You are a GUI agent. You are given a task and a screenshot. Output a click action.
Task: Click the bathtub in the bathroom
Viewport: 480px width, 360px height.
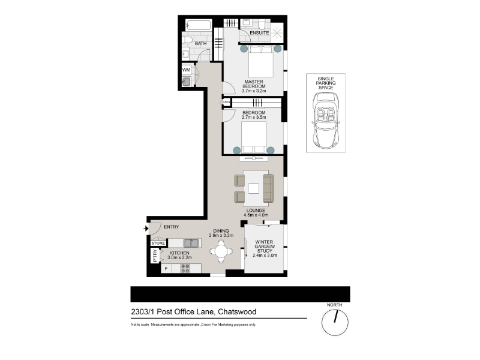click(x=199, y=25)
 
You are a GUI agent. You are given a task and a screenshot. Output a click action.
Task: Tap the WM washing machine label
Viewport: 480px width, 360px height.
click(x=186, y=70)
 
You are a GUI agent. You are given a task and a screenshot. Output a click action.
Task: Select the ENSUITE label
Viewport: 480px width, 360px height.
click(x=259, y=33)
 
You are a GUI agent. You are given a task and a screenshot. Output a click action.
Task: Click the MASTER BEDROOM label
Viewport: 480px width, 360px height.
click(x=254, y=84)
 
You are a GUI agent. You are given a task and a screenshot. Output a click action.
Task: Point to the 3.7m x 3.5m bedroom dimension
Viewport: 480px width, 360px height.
click(x=254, y=117)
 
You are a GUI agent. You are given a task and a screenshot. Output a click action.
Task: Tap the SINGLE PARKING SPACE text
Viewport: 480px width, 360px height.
click(x=326, y=83)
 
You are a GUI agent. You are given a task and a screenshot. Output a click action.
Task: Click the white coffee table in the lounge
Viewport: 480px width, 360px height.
click(x=253, y=188)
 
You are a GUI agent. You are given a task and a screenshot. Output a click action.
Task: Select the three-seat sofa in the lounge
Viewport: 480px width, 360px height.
click(x=268, y=188)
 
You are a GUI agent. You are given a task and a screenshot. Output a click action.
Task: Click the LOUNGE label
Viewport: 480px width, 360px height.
click(x=256, y=211)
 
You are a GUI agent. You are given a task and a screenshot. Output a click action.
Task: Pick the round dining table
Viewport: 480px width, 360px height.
click(x=221, y=251)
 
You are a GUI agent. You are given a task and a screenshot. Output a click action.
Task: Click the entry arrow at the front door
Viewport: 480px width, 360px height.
click(x=146, y=229)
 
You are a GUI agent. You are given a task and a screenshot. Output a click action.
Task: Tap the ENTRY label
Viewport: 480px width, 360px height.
click(x=172, y=227)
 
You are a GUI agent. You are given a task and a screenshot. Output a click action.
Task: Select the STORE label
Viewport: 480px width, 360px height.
click(x=158, y=243)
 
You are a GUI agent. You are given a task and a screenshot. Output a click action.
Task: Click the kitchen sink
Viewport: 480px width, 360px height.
click(x=191, y=243)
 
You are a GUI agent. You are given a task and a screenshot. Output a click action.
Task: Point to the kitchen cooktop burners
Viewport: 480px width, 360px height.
click(x=185, y=268)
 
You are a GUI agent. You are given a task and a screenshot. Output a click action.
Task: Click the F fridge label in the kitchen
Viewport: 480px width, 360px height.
click(x=166, y=269)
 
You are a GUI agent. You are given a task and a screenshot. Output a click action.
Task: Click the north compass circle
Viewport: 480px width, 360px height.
click(x=335, y=322)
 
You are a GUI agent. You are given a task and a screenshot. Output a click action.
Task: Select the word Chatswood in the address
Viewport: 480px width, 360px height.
click(x=237, y=311)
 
